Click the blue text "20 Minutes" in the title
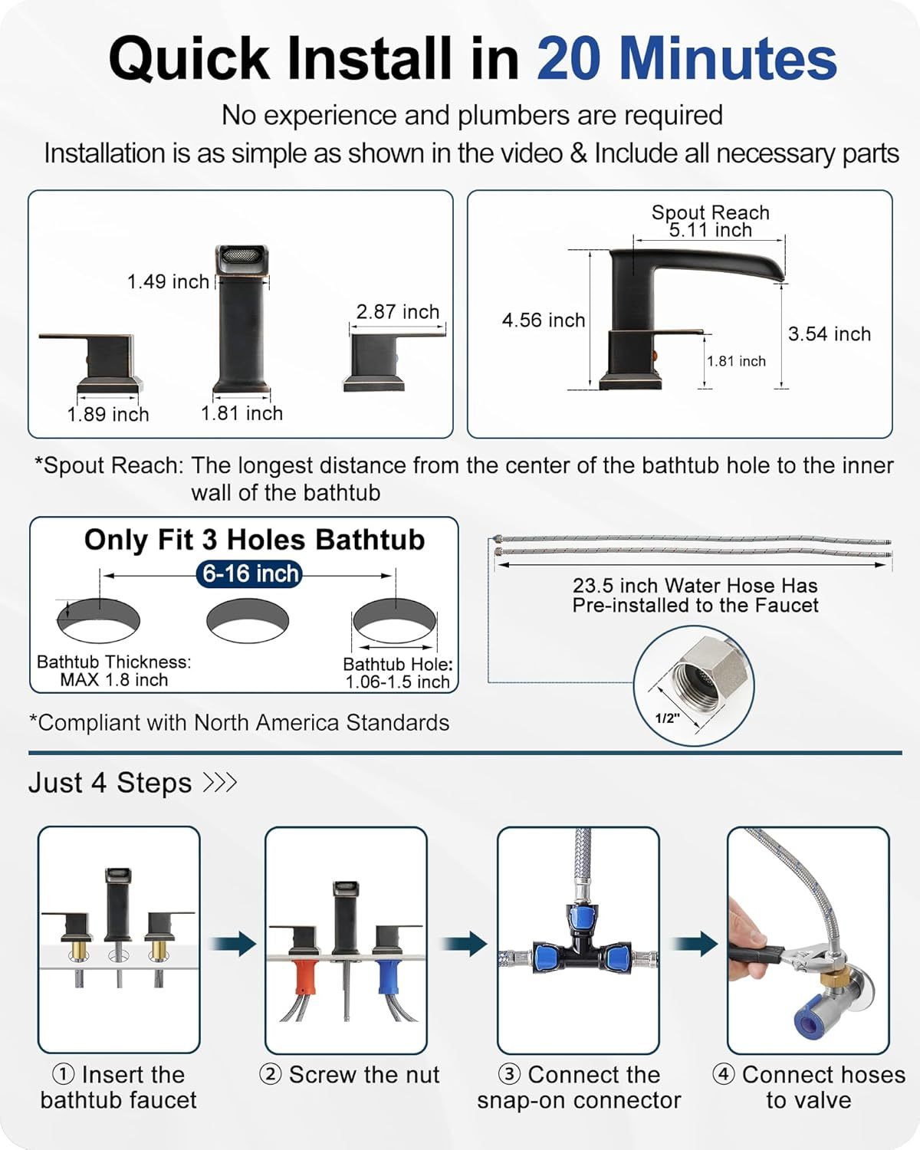click(x=686, y=59)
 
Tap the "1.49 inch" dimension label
click(x=168, y=281)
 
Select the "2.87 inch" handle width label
click(x=397, y=311)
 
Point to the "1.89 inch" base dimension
click(x=108, y=414)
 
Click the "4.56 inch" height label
click(x=543, y=320)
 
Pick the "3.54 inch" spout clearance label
click(x=829, y=333)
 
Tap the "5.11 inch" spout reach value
click(x=710, y=230)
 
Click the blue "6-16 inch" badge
click(x=250, y=573)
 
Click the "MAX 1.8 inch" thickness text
click(x=113, y=680)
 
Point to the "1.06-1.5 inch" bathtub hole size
click(x=397, y=682)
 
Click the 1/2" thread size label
click(x=666, y=718)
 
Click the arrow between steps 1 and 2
click(x=233, y=944)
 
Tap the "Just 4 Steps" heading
click(x=110, y=783)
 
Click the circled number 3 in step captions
click(x=509, y=1074)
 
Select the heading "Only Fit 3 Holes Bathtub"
click(x=254, y=540)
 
